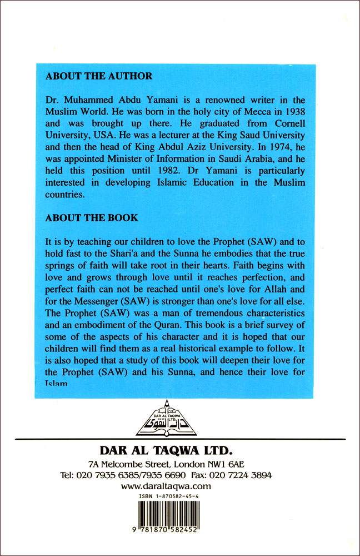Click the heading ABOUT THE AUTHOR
99,76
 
